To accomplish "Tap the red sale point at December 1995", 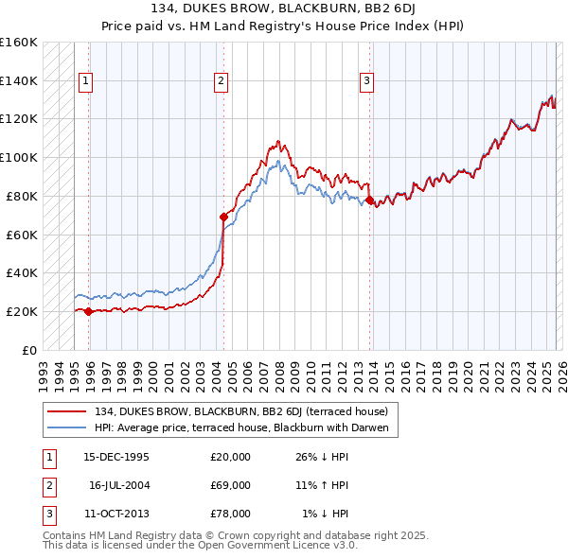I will [x=88, y=311].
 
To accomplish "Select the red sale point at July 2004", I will [x=223, y=217].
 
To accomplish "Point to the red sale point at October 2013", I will [x=369, y=200].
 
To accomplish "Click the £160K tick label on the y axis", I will [x=19, y=43].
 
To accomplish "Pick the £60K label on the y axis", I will [x=22, y=235].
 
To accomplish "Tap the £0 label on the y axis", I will [x=30, y=350].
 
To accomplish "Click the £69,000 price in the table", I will [x=230, y=485].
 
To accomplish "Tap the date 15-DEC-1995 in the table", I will [x=116, y=457].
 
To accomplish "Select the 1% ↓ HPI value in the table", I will [x=326, y=514].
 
